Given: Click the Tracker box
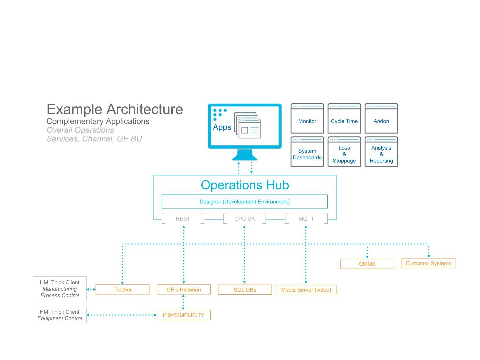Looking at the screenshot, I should (122, 289).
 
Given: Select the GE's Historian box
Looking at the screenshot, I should (184, 289).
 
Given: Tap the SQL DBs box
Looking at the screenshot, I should (245, 290).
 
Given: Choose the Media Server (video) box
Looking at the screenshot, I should (306, 290).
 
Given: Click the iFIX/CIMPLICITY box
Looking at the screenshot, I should (184, 315).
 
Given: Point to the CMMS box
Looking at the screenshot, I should (367, 264).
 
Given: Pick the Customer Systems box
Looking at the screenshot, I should (428, 263).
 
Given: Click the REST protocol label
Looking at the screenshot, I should (183, 219).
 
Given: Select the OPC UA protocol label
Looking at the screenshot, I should (244, 219).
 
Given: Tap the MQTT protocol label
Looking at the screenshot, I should (306, 219).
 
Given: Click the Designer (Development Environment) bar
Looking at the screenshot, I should (244, 202).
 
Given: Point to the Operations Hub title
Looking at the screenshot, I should (245, 185).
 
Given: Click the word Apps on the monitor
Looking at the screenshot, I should (222, 127).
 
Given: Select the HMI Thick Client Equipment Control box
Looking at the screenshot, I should (60, 315).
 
